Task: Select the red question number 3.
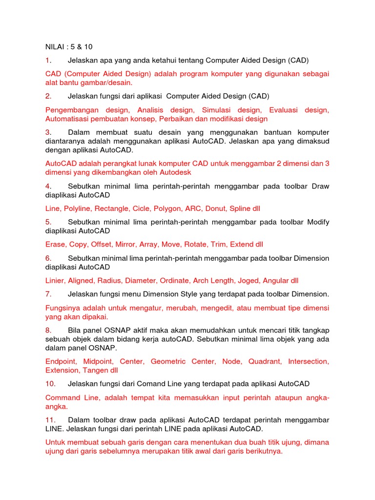[48, 132]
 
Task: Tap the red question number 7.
[48, 294]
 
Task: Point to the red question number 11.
[50, 420]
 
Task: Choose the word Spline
[240, 208]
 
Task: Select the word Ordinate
[176, 280]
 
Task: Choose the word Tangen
[97, 371]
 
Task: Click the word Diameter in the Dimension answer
[142, 280]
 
